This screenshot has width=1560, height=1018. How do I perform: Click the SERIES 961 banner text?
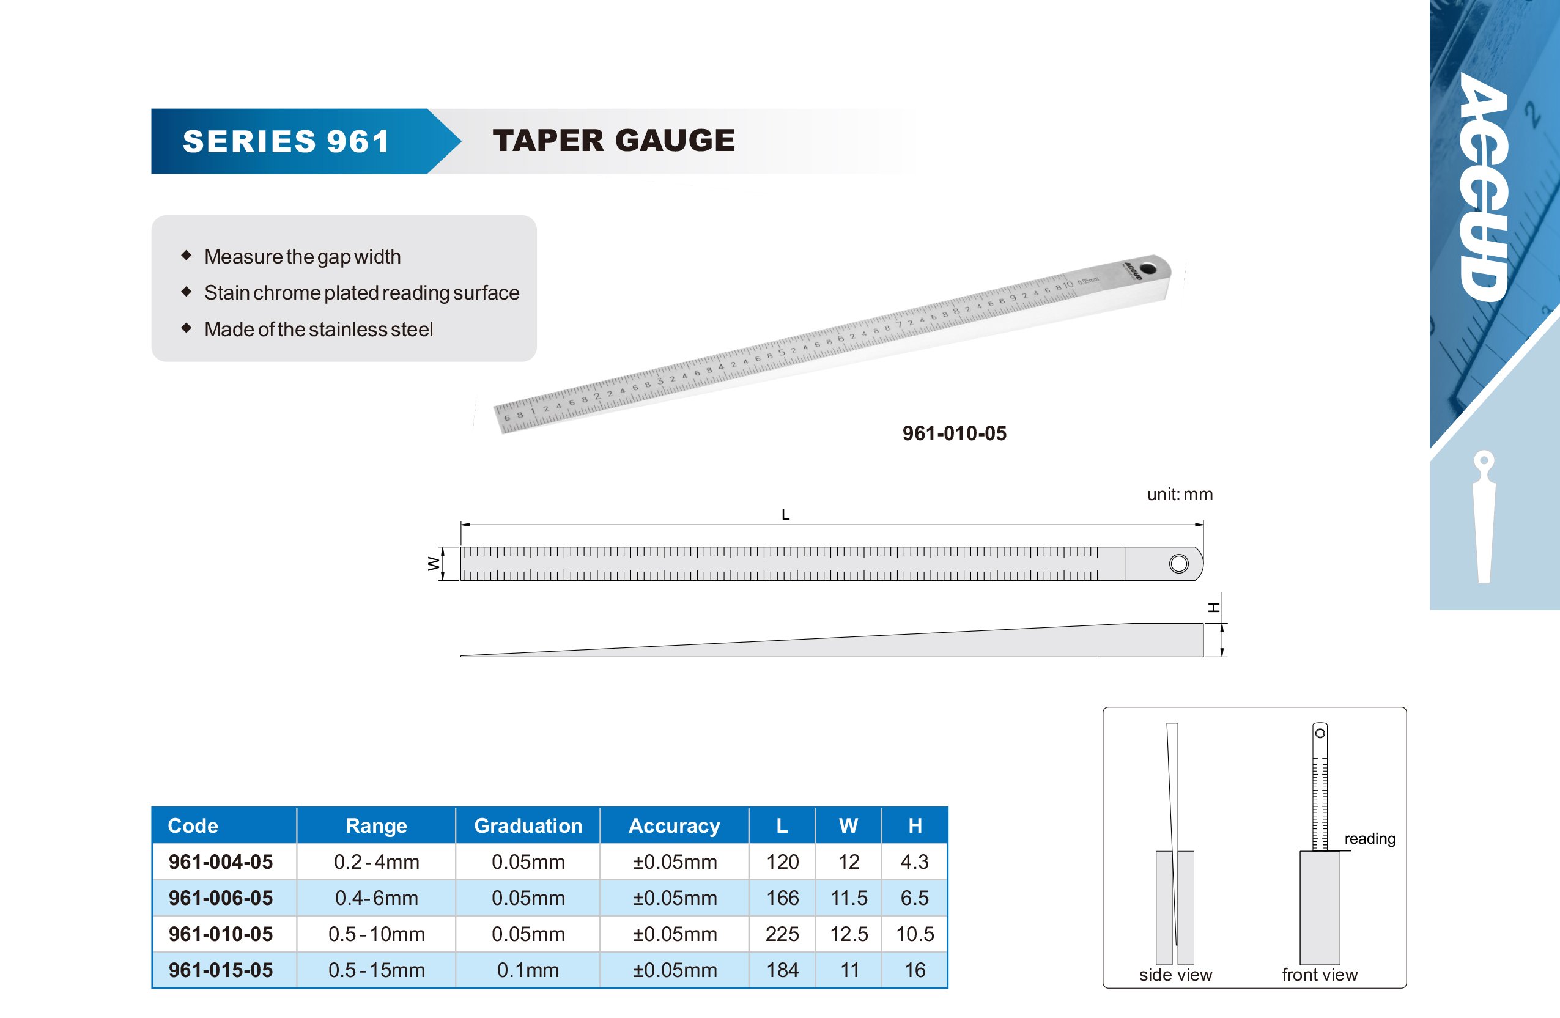pyautogui.click(x=286, y=142)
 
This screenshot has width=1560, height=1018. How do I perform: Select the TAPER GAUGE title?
pyautogui.click(x=613, y=140)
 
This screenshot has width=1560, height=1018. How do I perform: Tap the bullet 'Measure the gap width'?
pyautogui.click(x=302, y=256)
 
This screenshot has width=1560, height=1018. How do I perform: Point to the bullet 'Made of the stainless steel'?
pyautogui.click(x=319, y=329)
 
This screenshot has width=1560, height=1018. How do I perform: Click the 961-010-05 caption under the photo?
pyautogui.click(x=955, y=433)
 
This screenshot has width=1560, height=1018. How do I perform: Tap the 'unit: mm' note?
pyautogui.click(x=1180, y=494)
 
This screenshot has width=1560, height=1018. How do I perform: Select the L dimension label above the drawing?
pyautogui.click(x=785, y=515)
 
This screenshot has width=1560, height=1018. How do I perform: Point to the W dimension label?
pyautogui.click(x=433, y=563)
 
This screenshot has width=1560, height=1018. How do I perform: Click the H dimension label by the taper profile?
pyautogui.click(x=1214, y=608)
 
